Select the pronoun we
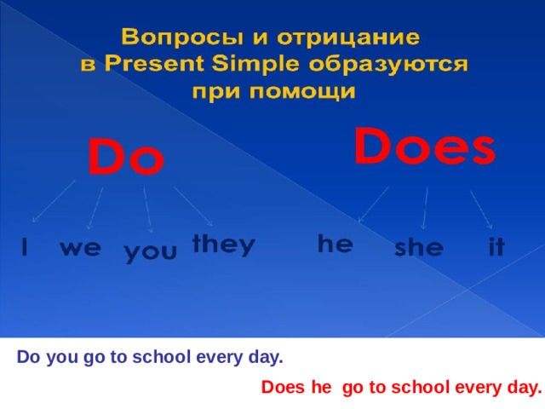pos(80,249)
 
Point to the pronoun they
pos(223,244)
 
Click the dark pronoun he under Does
pos(335,243)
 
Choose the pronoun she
pos(419,248)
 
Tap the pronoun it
pos(496,248)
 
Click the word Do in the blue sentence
pos(28,358)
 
